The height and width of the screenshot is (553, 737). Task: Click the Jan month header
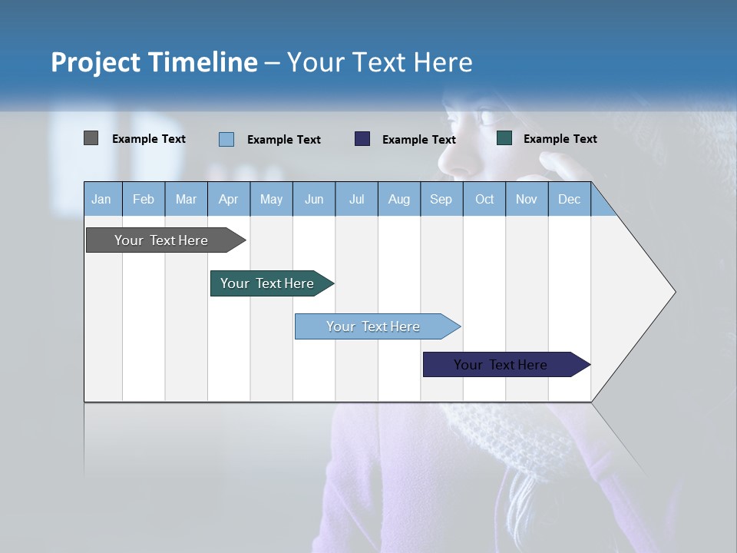(x=101, y=199)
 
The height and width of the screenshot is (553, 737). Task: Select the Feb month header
(x=144, y=199)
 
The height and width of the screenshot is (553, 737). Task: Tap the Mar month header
(x=186, y=199)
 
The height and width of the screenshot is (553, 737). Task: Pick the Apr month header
(x=228, y=199)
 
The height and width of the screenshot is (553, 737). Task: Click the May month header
(x=271, y=199)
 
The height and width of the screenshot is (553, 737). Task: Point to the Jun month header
(x=314, y=199)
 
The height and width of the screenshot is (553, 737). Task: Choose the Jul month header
(x=356, y=199)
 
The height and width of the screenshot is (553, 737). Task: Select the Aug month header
(x=399, y=199)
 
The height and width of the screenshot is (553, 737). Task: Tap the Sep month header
(x=441, y=199)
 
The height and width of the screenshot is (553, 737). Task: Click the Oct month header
(x=484, y=199)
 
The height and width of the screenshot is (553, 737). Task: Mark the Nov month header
(x=527, y=199)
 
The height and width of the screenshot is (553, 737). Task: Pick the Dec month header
(x=569, y=199)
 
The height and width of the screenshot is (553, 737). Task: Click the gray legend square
(x=91, y=138)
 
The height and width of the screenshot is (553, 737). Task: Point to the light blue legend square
(x=226, y=139)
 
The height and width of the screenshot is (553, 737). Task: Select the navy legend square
(x=362, y=138)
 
